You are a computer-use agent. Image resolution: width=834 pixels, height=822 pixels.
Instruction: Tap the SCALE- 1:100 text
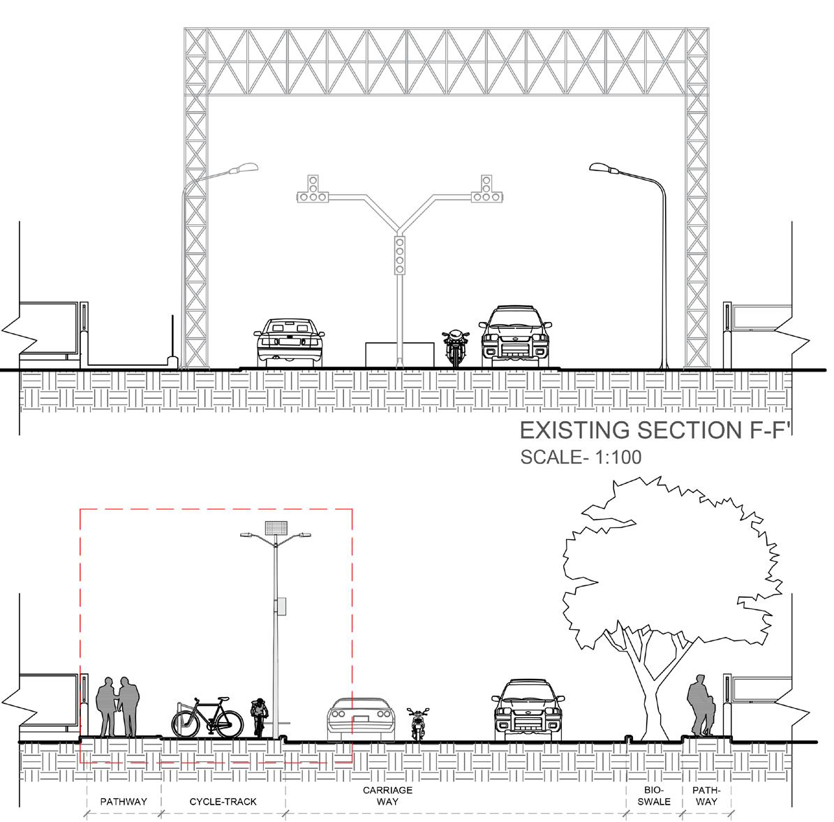[x=581, y=457]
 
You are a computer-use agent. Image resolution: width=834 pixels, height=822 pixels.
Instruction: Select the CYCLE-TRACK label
[x=223, y=802]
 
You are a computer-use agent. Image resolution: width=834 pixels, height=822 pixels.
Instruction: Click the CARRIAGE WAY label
[x=387, y=795]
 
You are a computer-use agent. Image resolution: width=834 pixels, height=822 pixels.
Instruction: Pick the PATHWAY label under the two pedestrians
[x=124, y=802]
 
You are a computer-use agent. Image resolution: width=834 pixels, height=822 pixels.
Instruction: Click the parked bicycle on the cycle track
[x=207, y=717]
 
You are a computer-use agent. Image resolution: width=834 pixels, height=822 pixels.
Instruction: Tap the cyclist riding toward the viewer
[x=259, y=717]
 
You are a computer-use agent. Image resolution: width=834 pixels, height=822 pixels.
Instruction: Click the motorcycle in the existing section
[x=455, y=347]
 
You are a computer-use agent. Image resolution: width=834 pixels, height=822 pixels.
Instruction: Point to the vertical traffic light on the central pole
[x=400, y=255]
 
